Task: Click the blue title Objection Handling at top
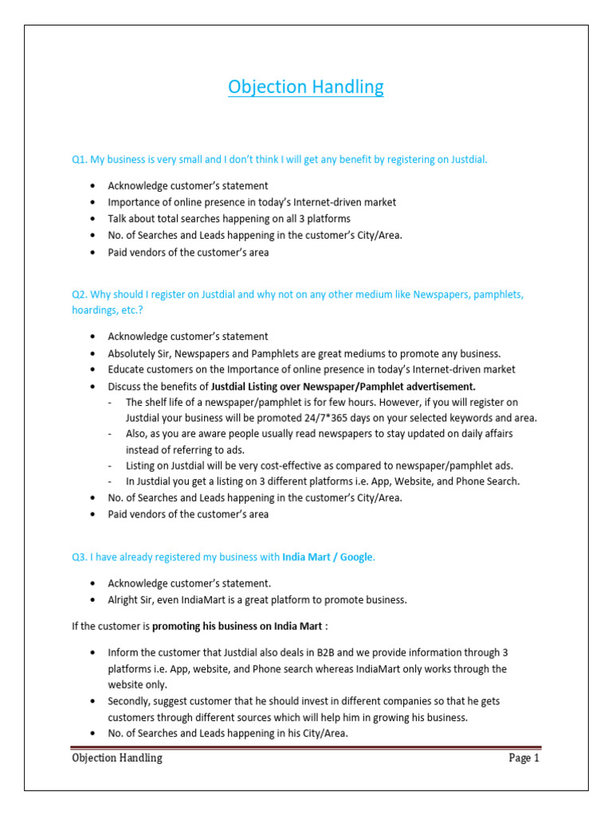(305, 87)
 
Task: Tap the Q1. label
(80, 159)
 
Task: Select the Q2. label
(80, 294)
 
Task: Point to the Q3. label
(80, 557)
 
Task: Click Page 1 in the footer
(524, 758)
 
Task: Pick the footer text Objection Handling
(117, 758)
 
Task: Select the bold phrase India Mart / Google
(328, 557)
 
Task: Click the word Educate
(127, 369)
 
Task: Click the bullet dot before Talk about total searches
(94, 219)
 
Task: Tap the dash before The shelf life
(109, 402)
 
